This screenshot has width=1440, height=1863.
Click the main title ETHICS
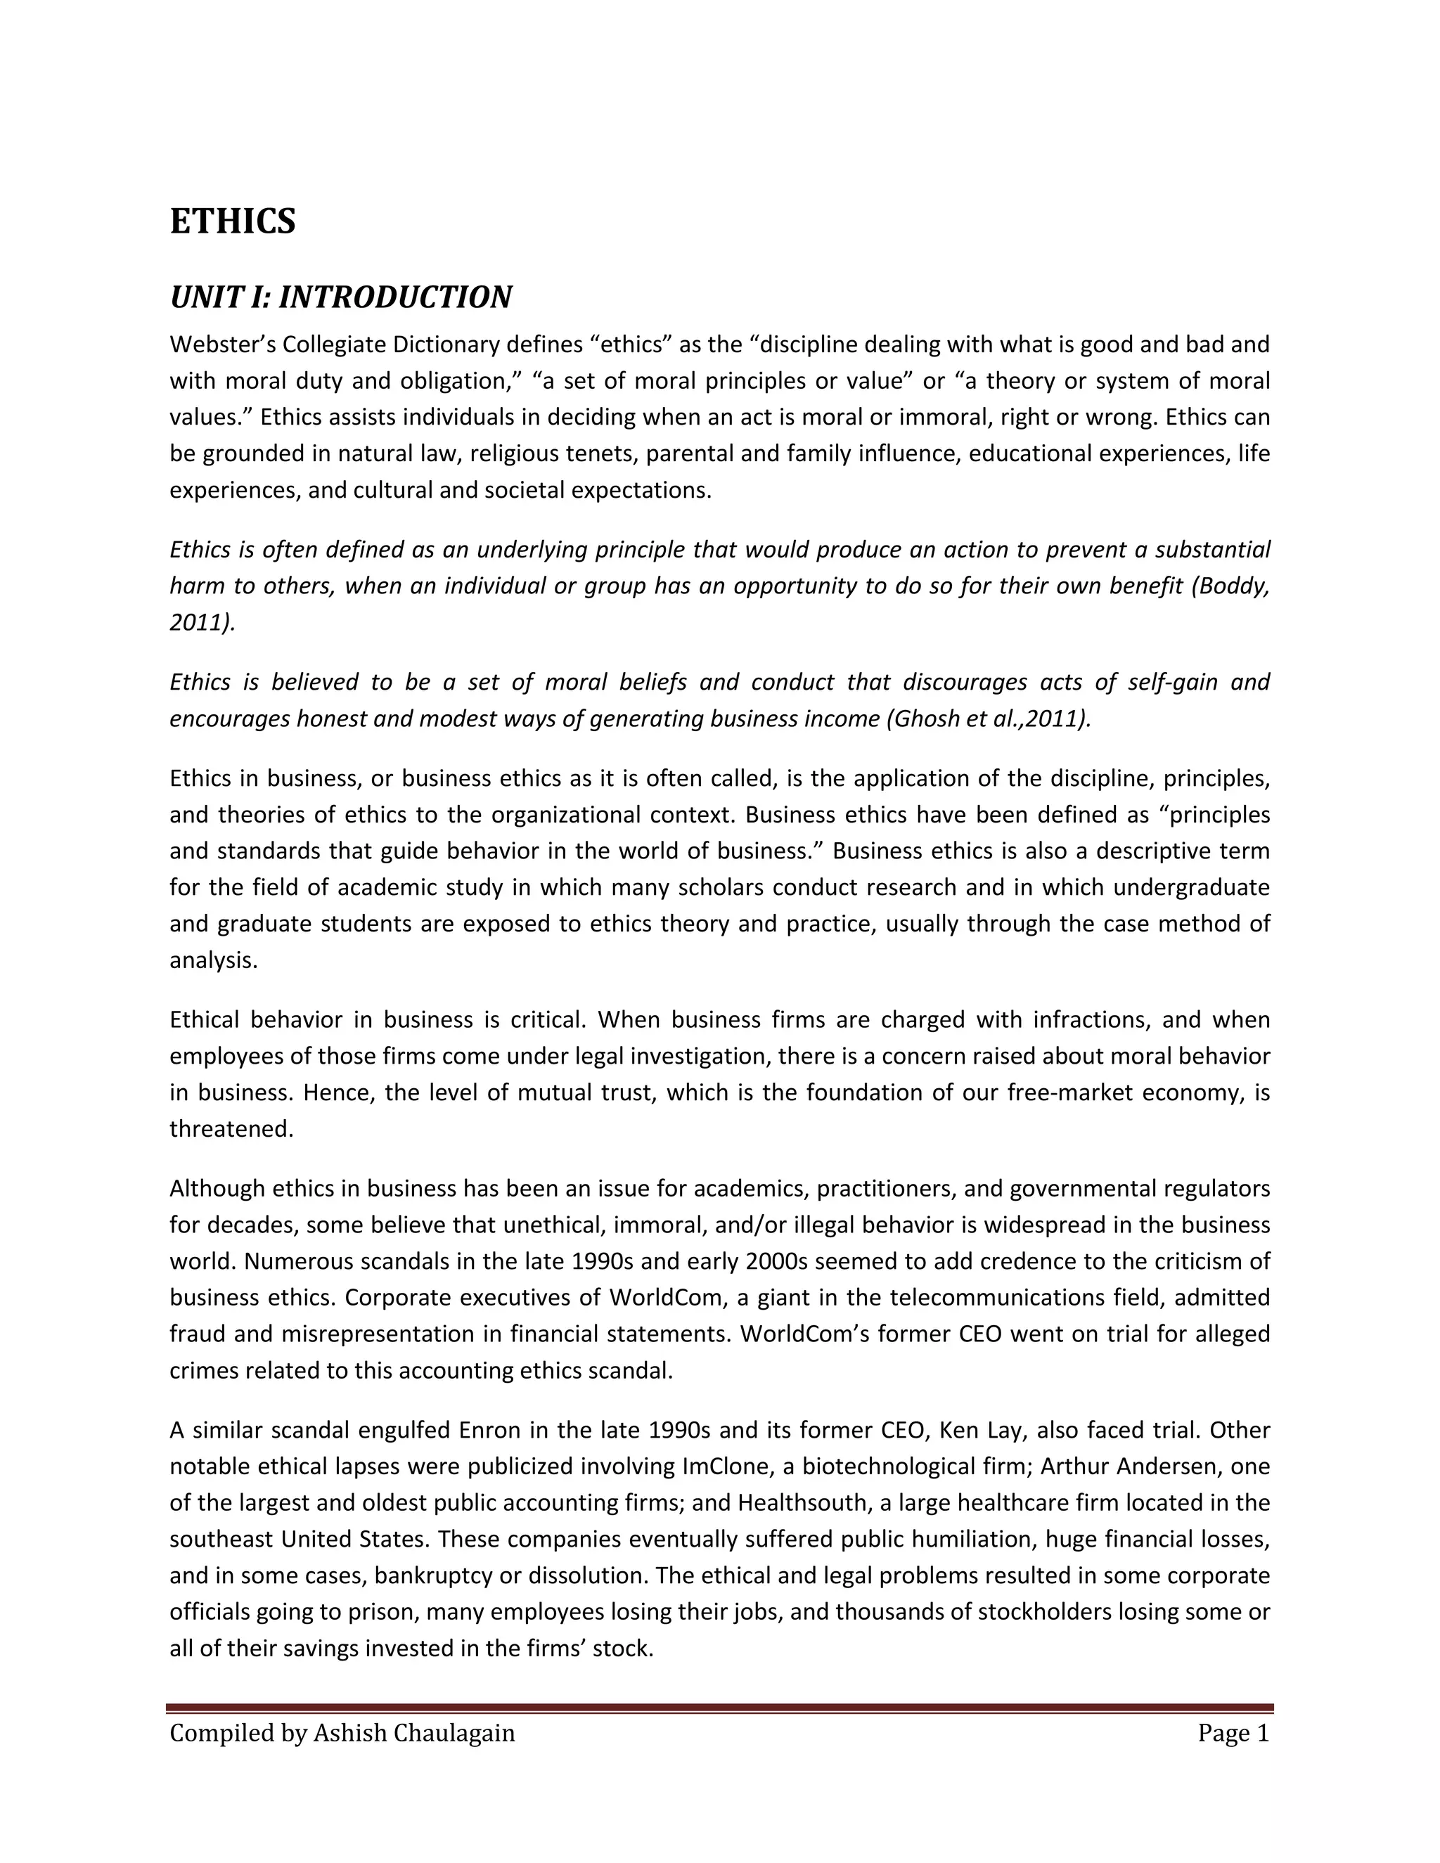click(x=232, y=221)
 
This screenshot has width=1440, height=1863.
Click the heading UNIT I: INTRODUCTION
click(x=340, y=297)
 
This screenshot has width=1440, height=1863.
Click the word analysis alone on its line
click(x=212, y=960)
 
